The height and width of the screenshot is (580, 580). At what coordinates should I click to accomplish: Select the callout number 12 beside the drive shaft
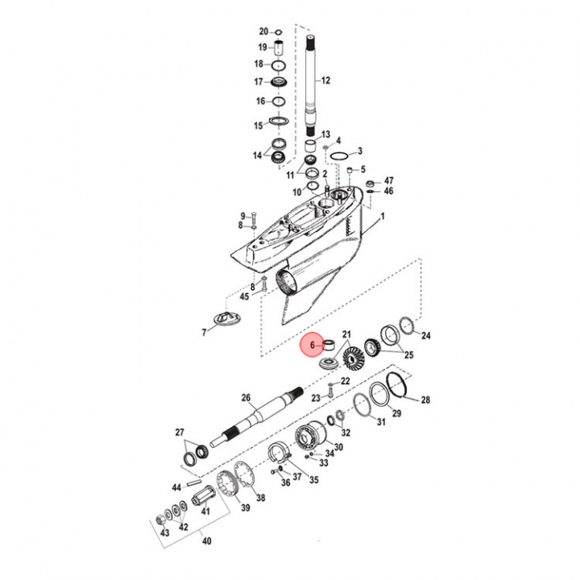326,81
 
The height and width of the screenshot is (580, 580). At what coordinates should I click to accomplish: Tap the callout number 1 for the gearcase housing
383,216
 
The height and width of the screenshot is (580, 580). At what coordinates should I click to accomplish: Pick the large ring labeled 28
398,387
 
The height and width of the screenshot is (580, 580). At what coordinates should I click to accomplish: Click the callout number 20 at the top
263,31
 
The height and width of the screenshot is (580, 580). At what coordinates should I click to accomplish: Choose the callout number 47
388,180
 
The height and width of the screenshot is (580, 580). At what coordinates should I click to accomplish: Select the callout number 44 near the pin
176,487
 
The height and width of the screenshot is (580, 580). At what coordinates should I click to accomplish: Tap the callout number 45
245,297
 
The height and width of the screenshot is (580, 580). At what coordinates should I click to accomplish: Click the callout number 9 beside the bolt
242,215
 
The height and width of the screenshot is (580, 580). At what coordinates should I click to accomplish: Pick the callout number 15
259,125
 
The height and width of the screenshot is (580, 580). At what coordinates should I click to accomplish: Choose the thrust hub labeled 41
205,511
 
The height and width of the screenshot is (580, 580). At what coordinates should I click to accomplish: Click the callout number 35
313,480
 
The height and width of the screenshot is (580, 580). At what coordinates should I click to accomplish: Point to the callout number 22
345,381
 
